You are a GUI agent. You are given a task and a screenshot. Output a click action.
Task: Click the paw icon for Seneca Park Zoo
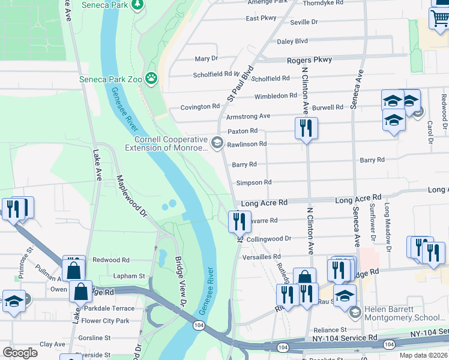[x=152, y=78]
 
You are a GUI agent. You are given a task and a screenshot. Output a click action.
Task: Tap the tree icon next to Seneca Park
[x=138, y=5]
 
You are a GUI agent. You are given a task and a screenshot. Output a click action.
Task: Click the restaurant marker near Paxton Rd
[x=306, y=128]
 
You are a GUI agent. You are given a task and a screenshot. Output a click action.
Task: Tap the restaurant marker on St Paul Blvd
[x=240, y=221]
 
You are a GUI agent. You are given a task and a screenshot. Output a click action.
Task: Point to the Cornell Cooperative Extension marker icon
[x=217, y=143]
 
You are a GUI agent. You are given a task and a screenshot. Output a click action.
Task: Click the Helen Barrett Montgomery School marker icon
[x=354, y=312]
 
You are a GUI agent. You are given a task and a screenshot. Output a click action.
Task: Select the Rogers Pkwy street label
[x=309, y=60]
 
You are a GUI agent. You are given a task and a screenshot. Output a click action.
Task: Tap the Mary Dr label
[x=206, y=59]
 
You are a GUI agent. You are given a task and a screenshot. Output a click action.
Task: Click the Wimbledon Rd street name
[x=275, y=96]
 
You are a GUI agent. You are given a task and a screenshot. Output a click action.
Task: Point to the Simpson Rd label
[x=254, y=182]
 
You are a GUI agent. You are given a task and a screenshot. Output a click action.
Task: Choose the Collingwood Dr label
[x=268, y=239]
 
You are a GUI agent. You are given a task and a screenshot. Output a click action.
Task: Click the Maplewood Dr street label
[x=131, y=196]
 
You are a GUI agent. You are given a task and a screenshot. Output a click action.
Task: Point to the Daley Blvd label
[x=292, y=41]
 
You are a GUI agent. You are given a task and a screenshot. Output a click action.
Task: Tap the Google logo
[x=20, y=352]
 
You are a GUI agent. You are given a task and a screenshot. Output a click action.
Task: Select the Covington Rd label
[x=200, y=107]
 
